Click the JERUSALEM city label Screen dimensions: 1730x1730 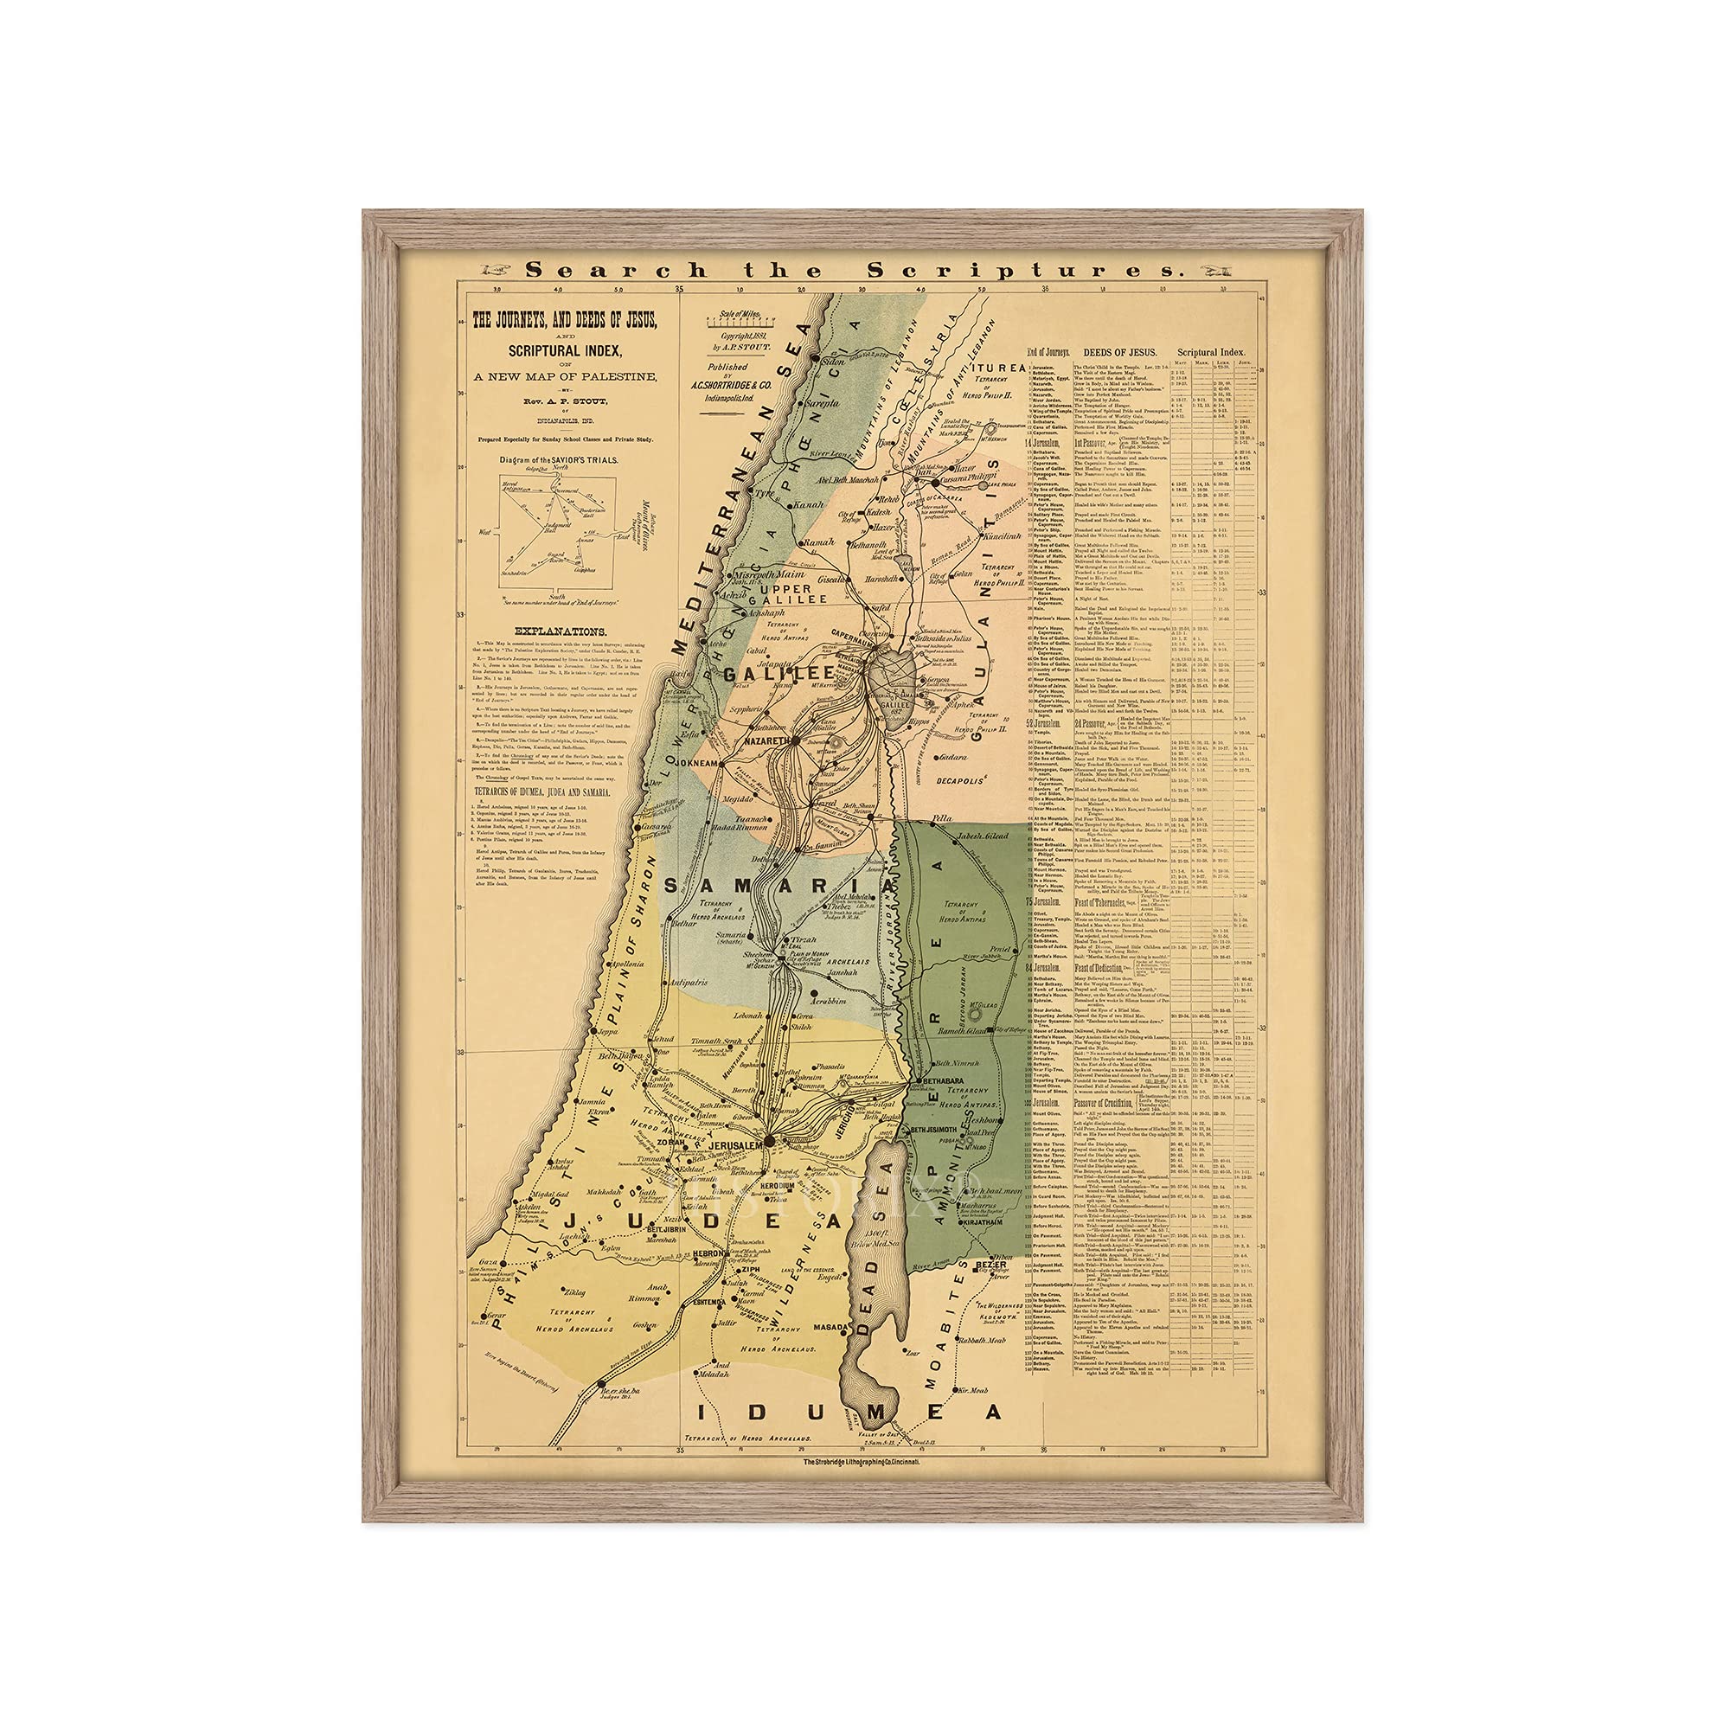pos(734,1145)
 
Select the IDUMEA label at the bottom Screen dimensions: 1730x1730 pos(849,1413)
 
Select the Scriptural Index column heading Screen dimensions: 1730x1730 pos(1211,352)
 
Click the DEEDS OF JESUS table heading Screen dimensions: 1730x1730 pos(1119,352)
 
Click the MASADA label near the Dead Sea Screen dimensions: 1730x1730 pos(829,1327)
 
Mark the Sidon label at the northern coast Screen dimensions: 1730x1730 pos(833,362)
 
